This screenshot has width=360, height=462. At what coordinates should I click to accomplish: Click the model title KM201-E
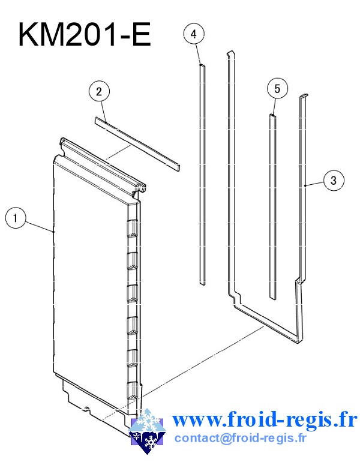tap(85, 34)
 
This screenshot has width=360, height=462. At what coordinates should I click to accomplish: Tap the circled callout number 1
tap(16, 218)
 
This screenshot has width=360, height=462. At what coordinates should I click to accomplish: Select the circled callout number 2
tap(99, 91)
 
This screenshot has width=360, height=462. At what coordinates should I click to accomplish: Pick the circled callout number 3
tap(334, 180)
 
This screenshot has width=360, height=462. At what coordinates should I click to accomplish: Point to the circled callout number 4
tap(194, 34)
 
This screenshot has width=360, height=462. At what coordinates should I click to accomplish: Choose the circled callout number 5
tap(277, 88)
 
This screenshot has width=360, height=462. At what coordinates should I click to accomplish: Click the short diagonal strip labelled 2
tap(137, 144)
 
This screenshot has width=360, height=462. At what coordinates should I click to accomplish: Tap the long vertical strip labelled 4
tap(202, 175)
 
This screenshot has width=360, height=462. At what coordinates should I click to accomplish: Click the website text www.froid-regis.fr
tap(265, 419)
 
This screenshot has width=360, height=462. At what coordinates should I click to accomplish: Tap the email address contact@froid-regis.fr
tap(241, 438)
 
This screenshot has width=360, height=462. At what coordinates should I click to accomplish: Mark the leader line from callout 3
tap(314, 183)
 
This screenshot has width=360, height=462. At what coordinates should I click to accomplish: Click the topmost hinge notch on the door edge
tap(133, 229)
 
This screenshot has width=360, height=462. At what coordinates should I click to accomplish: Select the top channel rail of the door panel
tap(103, 165)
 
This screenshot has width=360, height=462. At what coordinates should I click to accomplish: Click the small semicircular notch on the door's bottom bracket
tap(86, 409)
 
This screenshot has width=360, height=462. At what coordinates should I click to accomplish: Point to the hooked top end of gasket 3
tap(304, 96)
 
